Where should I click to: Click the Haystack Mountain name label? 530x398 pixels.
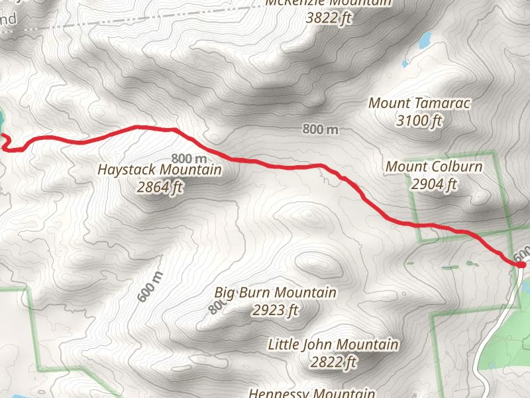coord(160,170)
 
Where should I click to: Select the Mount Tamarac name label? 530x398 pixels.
coord(419,103)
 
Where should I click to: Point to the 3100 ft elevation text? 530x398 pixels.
coord(419,121)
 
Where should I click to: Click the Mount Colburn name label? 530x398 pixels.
coord(434,166)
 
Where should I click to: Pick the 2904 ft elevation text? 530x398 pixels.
coord(434,184)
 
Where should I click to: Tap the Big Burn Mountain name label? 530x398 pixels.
coord(276,293)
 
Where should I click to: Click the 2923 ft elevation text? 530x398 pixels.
coord(276,310)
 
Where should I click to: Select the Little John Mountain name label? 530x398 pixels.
coord(333,345)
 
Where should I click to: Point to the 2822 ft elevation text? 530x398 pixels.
coord(333,362)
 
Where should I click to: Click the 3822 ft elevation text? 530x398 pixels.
coord(329,17)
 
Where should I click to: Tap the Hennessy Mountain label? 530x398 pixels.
coord(311,393)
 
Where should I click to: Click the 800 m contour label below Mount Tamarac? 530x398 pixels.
coord(321,129)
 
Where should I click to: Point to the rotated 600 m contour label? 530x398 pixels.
coord(150,287)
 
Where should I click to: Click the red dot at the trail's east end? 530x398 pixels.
coord(521,265)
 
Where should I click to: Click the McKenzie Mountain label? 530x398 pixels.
coord(329,3)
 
